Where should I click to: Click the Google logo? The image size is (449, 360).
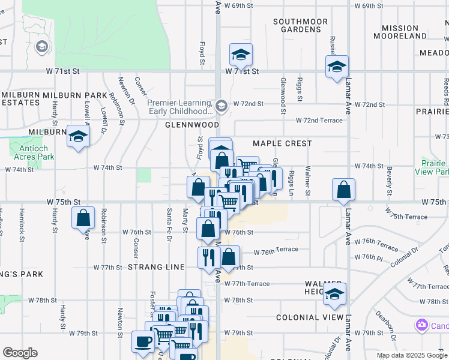point(20,353)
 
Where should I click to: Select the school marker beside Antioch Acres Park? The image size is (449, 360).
point(78,137)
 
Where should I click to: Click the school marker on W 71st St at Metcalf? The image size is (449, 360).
point(241,56)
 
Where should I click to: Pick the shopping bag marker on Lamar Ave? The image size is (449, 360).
point(342,190)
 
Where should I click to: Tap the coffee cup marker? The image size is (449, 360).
point(143,342)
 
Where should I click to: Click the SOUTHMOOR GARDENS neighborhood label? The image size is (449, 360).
point(300,25)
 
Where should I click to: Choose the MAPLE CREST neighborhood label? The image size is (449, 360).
point(282,143)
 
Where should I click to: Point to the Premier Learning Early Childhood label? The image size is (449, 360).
point(180,107)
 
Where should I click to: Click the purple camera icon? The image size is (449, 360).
point(421,325)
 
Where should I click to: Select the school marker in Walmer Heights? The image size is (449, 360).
point(335,295)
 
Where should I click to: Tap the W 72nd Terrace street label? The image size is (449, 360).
point(318,121)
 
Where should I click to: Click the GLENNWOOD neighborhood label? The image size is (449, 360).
point(192,125)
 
